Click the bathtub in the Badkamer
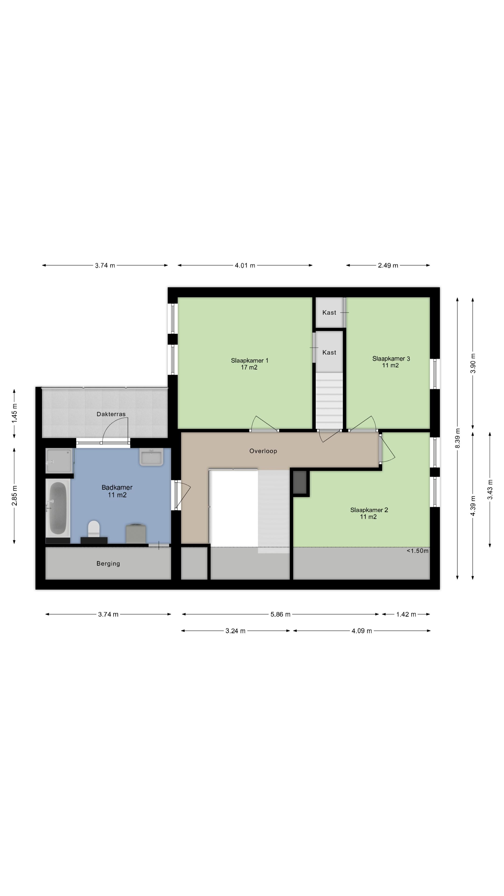coord(58,508)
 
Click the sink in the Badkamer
coord(151,457)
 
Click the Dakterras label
coord(111,414)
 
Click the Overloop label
coord(263,451)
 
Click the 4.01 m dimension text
coord(245,265)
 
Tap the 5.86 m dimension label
coord(280,614)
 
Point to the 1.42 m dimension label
coord(406,614)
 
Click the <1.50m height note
coord(417,551)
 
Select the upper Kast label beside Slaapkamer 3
coord(329,312)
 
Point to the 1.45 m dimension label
coord(14,413)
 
